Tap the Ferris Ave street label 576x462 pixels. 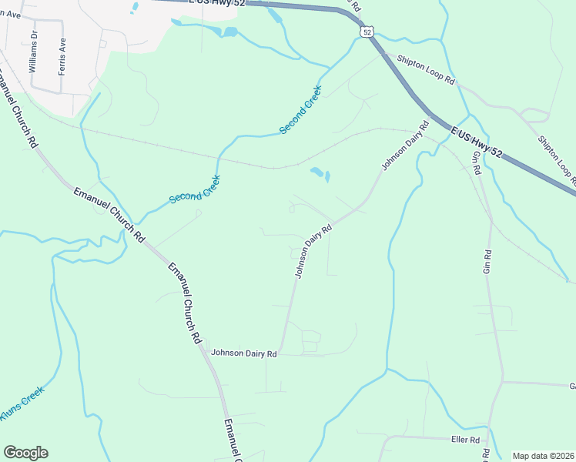(60, 56)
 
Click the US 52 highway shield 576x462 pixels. (366, 31)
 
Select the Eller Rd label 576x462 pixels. (465, 440)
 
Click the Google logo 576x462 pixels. (25, 453)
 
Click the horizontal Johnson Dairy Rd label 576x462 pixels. (243, 353)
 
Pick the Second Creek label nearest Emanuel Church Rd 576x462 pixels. (195, 189)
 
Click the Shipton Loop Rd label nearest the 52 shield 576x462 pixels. (426, 70)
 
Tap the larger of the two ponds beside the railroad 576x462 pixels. (316, 172)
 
